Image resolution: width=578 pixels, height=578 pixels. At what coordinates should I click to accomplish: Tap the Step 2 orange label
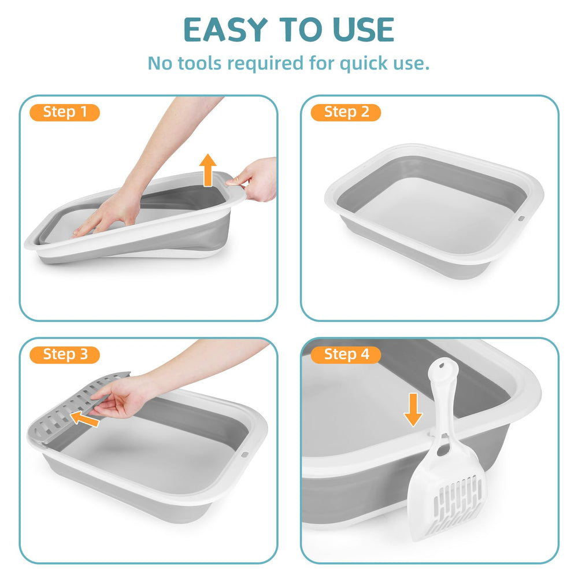click(x=346, y=112)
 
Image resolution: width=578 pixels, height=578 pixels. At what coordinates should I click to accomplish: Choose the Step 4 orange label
click(x=346, y=354)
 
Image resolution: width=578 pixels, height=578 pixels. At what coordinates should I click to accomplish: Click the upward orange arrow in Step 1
click(x=208, y=172)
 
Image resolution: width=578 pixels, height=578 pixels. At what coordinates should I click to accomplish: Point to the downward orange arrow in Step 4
click(x=412, y=409)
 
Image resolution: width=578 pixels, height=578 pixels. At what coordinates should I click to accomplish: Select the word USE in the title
click(x=363, y=30)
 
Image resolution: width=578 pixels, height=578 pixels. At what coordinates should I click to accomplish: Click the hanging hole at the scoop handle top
click(x=444, y=368)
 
